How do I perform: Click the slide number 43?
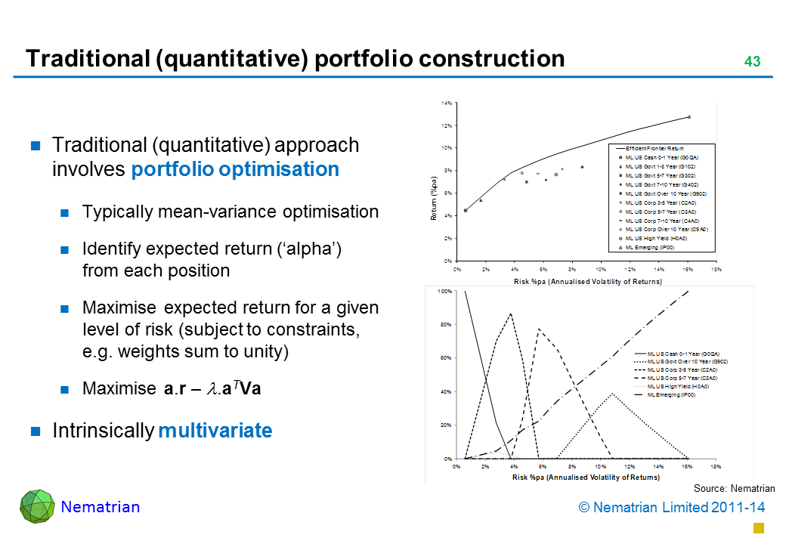pos(752,61)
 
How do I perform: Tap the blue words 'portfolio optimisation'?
pos(235,169)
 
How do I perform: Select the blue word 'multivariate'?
pos(215,431)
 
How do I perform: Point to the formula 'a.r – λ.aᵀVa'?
pos(214,389)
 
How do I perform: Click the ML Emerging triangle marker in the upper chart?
pos(689,117)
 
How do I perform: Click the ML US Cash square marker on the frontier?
pos(466,211)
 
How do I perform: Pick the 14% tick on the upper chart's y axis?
pos(447,103)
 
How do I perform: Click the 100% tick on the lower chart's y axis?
pos(445,291)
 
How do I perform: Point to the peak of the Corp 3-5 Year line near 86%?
pos(512,314)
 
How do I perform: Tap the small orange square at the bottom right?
pos(759,527)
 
